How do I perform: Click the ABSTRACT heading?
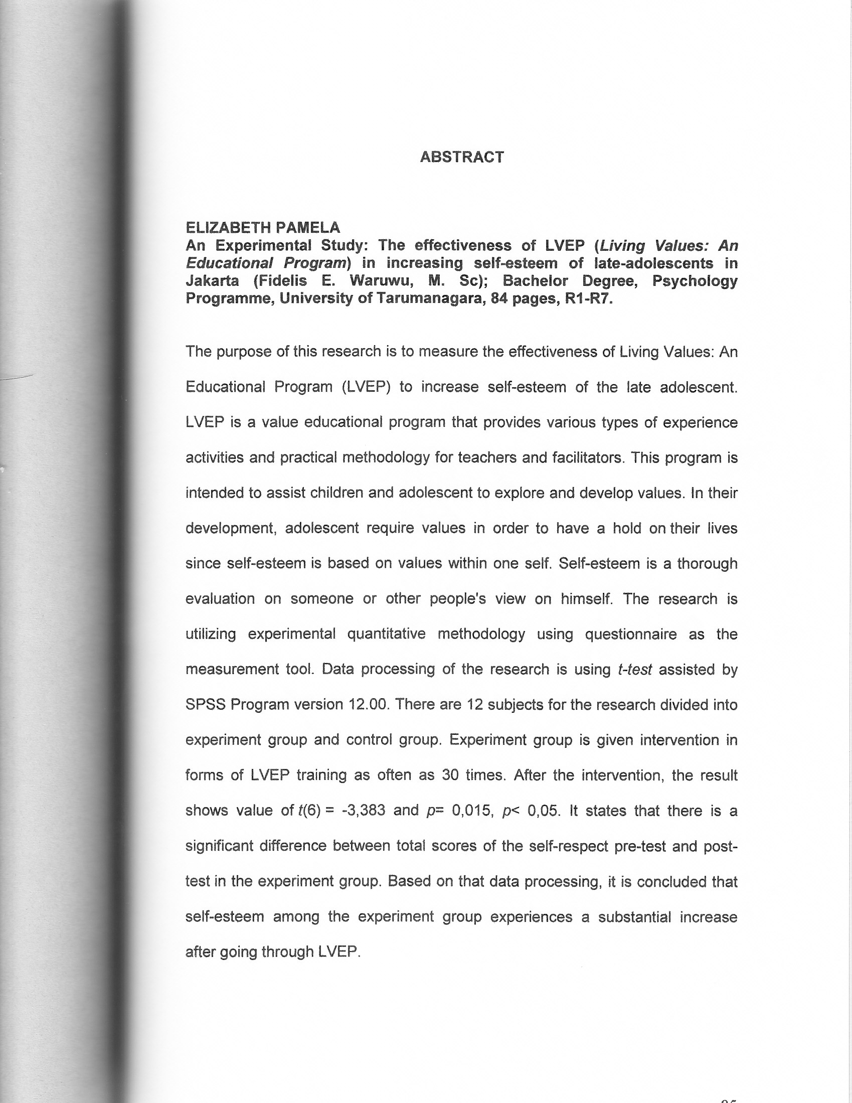[462, 157]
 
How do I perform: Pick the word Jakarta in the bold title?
[212, 280]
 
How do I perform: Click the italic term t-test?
[635, 670]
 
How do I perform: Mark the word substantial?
[634, 916]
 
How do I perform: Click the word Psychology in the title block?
[695, 280]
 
